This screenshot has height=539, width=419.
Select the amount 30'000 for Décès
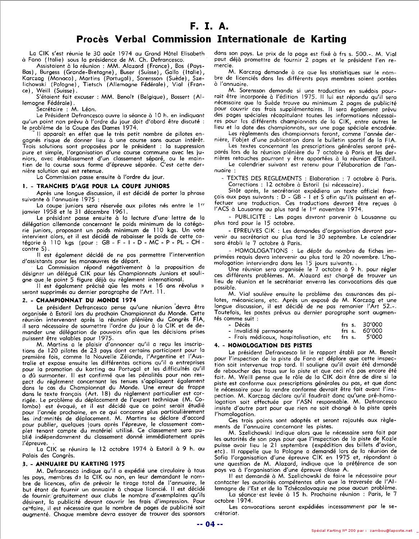tap(372, 324)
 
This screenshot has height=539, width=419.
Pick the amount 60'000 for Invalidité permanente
tap(372, 331)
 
